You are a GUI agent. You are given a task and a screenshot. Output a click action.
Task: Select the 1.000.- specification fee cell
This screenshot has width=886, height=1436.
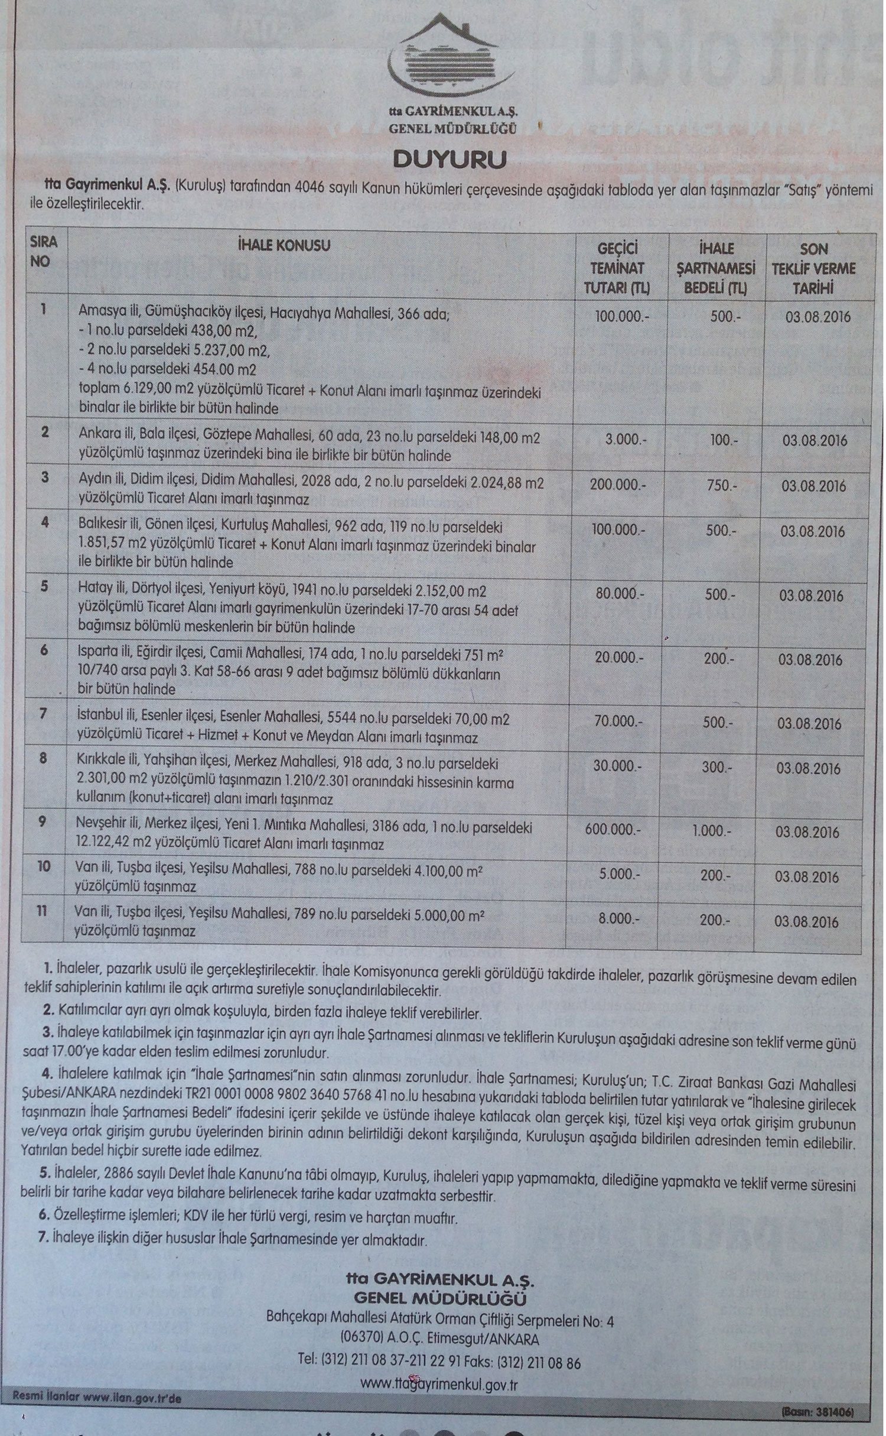coord(712,830)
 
